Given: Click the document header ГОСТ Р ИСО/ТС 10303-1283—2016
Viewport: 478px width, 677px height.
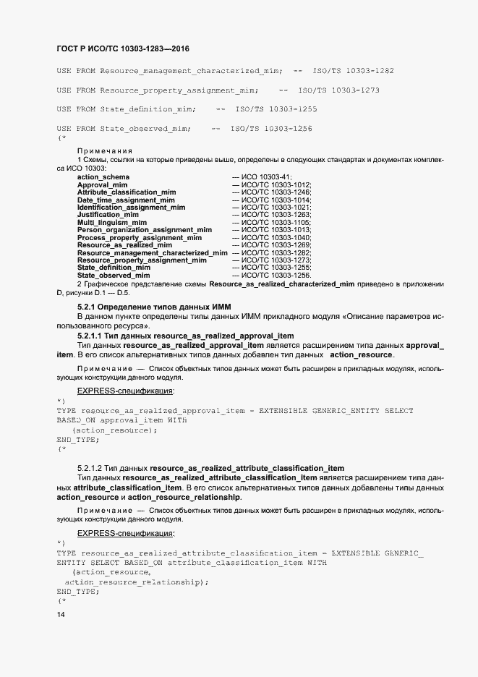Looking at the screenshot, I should click(x=123, y=48).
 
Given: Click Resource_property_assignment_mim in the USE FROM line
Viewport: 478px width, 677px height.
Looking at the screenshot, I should click(x=179, y=90).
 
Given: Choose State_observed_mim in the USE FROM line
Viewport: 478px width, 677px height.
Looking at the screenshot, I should click(x=145, y=128).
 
